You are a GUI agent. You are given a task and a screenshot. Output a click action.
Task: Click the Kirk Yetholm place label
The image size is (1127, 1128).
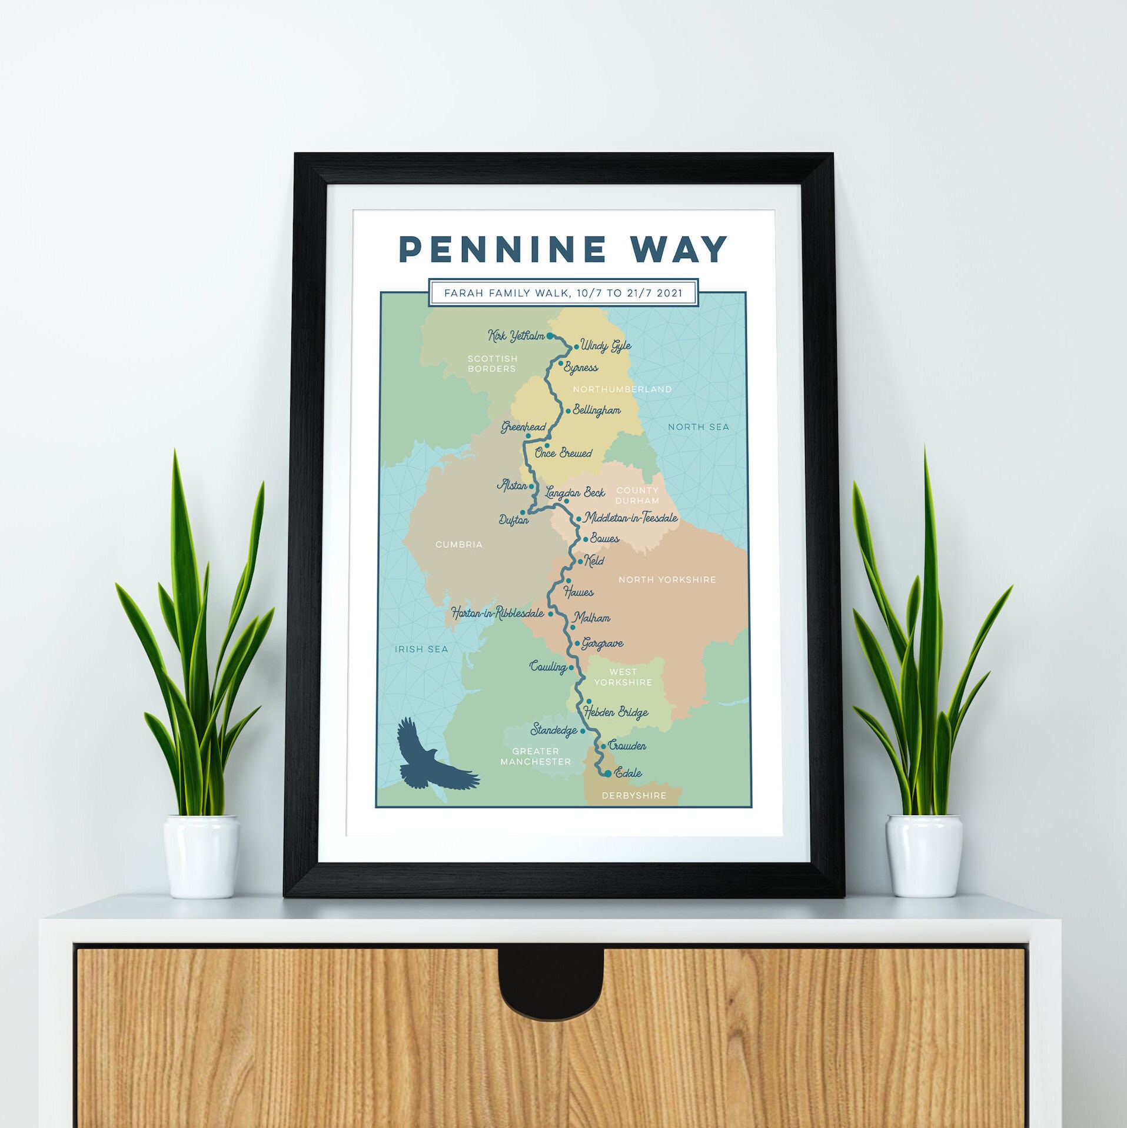click(516, 336)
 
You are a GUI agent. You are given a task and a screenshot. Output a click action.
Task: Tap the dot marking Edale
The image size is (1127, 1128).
click(608, 774)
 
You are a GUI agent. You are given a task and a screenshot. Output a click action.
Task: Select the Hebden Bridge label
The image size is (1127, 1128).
click(616, 712)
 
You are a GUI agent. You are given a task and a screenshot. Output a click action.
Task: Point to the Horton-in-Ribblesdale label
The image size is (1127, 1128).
click(497, 613)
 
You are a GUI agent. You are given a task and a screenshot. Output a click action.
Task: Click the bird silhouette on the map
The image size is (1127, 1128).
click(434, 757)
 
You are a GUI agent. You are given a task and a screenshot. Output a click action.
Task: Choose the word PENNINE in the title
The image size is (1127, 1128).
click(503, 249)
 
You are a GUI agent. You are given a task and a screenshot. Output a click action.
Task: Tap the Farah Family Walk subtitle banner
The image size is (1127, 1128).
click(563, 293)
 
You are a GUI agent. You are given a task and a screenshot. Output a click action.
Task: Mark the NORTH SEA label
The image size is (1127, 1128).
click(698, 427)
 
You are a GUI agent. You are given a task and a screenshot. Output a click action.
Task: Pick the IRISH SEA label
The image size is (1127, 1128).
click(421, 649)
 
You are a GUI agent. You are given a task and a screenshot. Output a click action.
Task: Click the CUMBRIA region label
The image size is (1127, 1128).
click(459, 545)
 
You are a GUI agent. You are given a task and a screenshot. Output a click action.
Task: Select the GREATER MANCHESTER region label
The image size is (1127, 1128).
click(536, 756)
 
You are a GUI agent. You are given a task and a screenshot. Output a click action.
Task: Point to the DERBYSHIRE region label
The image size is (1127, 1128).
click(634, 796)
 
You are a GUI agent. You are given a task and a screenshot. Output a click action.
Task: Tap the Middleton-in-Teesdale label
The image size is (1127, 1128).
click(630, 518)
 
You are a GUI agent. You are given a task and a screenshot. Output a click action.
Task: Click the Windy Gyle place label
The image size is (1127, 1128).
click(606, 346)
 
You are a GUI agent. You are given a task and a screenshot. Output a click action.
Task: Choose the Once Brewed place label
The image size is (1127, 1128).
click(563, 453)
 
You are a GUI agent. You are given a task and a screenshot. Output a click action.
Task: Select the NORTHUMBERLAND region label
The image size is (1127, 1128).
click(622, 389)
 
